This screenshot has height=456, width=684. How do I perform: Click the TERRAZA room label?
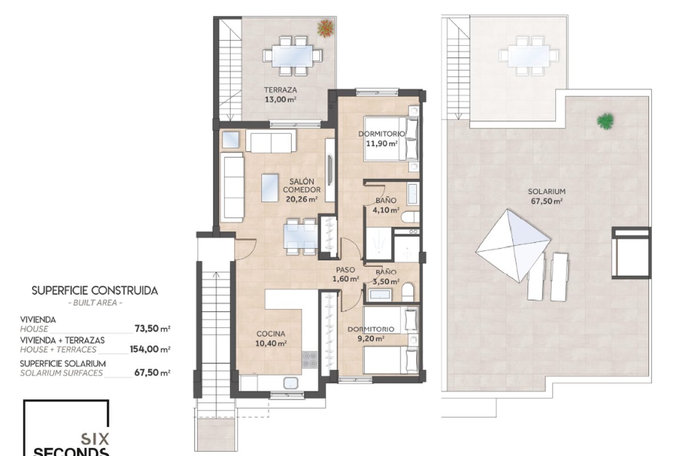tap(280, 90)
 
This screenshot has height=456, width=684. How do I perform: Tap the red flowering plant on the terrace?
tap(325, 28)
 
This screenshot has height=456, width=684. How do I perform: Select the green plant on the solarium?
tap(605, 121)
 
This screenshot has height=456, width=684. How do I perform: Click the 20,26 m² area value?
tap(302, 199)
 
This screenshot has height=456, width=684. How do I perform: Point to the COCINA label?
tap(271, 334)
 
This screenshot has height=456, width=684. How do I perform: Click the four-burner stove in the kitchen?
tap(310, 360)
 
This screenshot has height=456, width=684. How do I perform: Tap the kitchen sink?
tap(290, 383)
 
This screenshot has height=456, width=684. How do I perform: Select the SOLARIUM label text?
tap(547, 192)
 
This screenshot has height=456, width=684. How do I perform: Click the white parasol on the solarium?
tap(514, 246)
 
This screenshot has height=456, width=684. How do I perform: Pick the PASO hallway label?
tap(345, 270)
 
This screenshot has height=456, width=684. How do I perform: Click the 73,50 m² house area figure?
tap(152, 329)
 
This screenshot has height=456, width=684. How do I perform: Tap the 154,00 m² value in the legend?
tap(150, 349)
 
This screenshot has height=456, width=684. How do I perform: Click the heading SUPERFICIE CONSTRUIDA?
tap(95, 291)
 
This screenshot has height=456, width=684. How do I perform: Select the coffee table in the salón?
tap(270, 188)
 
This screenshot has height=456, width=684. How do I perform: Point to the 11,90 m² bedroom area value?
tap(381, 143)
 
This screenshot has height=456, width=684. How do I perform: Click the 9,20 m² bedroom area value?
tap(370, 339)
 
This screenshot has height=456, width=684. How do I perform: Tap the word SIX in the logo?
tap(95, 439)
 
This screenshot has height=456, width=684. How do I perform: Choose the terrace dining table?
tap(292, 56)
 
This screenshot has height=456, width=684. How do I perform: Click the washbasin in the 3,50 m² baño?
tap(380, 295)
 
